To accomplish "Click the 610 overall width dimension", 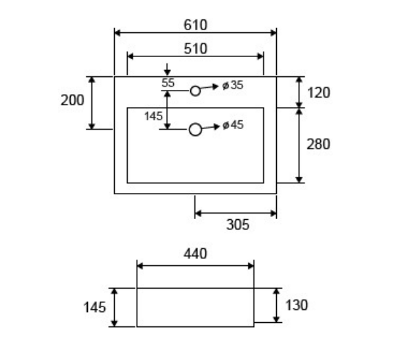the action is pyautogui.click(x=196, y=25).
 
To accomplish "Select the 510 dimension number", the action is pyautogui.click(x=196, y=49).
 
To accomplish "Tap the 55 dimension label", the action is pyautogui.click(x=168, y=83).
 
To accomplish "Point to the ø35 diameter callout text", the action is pyautogui.click(x=233, y=85).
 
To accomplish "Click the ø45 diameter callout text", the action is pyautogui.click(x=233, y=125).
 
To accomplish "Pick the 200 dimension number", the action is pyautogui.click(x=72, y=100).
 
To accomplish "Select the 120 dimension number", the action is pyautogui.click(x=319, y=93).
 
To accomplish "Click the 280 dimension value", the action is pyautogui.click(x=318, y=144).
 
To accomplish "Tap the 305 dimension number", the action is pyautogui.click(x=238, y=225).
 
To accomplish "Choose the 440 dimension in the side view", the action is pyautogui.click(x=195, y=254).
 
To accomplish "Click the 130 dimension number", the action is pyautogui.click(x=297, y=305).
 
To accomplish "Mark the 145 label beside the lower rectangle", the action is pyautogui.click(x=94, y=308).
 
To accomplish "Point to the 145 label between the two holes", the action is pyautogui.click(x=153, y=117).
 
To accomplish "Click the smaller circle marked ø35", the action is pyautogui.click(x=195, y=86).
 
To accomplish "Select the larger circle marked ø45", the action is pyautogui.click(x=195, y=124).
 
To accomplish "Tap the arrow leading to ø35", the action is pyautogui.click(x=209, y=87).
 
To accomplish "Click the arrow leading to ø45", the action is pyautogui.click(x=211, y=127).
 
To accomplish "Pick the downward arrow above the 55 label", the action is pyautogui.click(x=167, y=69).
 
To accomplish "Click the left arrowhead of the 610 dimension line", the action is pyautogui.click(x=117, y=33).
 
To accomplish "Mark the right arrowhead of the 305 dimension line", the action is pyautogui.click(x=273, y=214).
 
